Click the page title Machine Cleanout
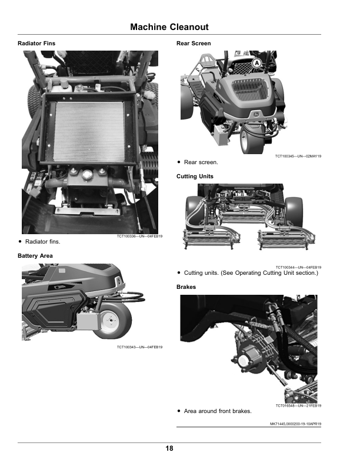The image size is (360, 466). tap(169, 27)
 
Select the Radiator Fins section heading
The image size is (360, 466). tap(36, 44)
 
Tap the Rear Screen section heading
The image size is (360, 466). tap(194, 44)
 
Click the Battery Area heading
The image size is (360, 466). tap(35, 256)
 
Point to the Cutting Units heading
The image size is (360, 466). tap(195, 177)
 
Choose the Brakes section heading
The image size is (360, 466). tap(186, 287)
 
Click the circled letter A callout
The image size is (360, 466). tap(257, 63)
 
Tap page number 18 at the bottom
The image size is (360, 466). tap(169, 448)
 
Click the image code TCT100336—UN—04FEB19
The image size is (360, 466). tap(139, 237)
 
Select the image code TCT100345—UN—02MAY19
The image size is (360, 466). tap(298, 156)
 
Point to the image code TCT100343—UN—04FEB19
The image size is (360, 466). tap(139, 347)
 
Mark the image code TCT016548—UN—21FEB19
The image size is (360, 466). tap(298, 405)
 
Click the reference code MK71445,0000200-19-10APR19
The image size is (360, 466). tap(295, 424)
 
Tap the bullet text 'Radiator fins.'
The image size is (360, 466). tap(43, 242)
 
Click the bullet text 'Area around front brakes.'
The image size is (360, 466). tap(218, 411)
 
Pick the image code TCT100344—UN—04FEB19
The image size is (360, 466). tap(298, 267)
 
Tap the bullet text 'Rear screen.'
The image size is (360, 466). tap(201, 162)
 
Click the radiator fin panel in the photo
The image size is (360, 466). tap(89, 132)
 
